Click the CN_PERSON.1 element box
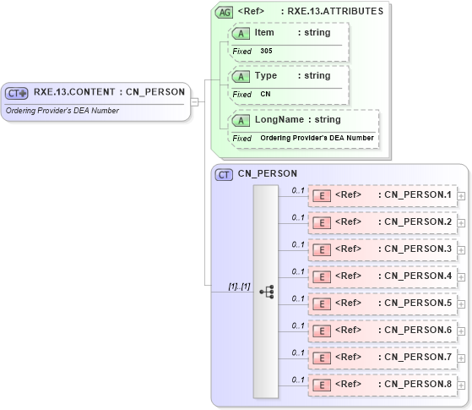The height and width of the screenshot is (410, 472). (382, 195)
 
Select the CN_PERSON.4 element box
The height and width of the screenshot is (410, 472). (382, 276)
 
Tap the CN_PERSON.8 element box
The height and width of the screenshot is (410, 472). (382, 385)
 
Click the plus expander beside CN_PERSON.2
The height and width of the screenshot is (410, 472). (461, 222)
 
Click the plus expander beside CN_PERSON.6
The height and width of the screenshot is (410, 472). (461, 331)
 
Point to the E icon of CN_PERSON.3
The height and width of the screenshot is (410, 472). (321, 249)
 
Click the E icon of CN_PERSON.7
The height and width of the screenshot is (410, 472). (321, 358)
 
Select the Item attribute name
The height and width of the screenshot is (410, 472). (264, 32)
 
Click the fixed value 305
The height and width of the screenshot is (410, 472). (266, 51)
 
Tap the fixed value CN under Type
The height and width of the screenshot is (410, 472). (265, 94)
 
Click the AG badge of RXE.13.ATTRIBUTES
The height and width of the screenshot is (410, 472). (225, 12)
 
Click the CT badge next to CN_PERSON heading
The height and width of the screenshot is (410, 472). (225, 174)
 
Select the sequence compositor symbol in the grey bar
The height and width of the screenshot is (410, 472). (267, 291)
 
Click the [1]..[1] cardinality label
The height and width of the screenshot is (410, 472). (240, 287)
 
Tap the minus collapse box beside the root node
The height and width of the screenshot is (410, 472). (195, 102)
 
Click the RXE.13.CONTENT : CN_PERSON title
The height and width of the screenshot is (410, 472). (109, 92)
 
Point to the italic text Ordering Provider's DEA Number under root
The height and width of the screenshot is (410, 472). (62, 111)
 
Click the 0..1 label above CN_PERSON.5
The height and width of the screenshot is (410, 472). (298, 298)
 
